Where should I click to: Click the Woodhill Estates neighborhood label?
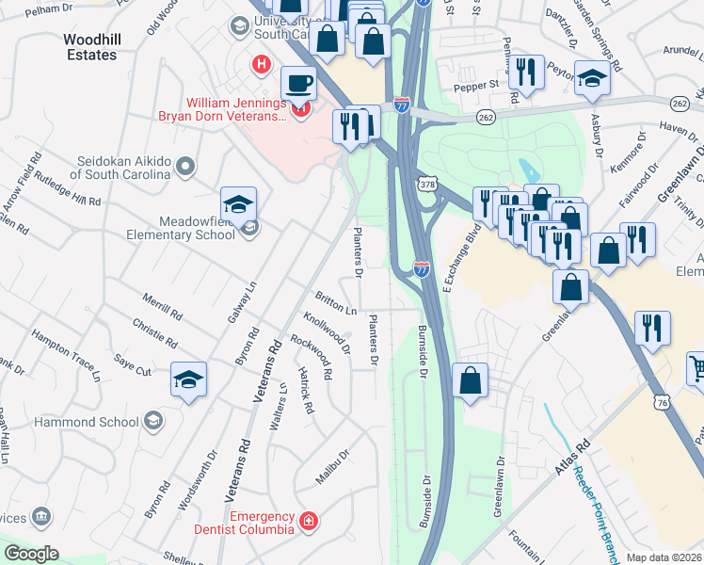point(90,47)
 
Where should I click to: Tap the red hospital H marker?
point(261,65)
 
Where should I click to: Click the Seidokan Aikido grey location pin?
point(185,167)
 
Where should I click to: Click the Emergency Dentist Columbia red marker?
point(308,521)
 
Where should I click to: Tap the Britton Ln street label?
point(336,304)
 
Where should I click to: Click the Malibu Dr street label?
point(332,466)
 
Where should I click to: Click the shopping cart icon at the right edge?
point(697,369)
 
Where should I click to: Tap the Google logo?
point(31,554)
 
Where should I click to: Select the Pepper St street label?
point(479,85)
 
